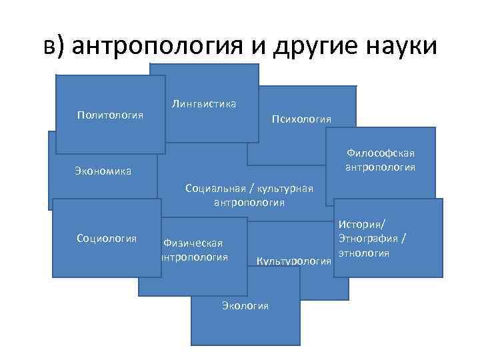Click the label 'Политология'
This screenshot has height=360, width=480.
pos(111,115)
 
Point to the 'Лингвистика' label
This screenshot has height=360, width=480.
pos(204,103)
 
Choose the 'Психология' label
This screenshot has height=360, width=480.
pos(301,119)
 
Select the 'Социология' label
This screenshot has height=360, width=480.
pos(107,237)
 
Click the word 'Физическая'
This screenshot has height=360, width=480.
pos(193,243)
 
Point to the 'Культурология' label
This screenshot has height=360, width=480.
pos(294,260)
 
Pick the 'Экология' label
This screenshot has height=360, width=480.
pos(245,305)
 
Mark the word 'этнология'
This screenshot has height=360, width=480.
pos(363,253)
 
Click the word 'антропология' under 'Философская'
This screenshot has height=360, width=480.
pos(381,167)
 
